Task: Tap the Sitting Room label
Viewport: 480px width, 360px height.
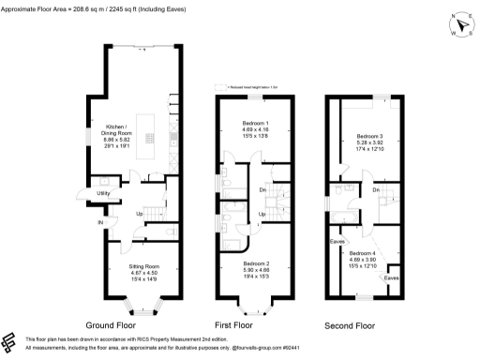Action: pos(144,267)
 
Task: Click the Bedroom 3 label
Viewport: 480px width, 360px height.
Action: pos(370,136)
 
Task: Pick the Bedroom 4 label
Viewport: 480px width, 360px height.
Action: pos(363,255)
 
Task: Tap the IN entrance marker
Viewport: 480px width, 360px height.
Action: pos(98,222)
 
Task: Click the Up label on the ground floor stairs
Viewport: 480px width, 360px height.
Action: pos(140,214)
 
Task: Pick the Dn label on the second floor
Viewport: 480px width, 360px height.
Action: pos(376,191)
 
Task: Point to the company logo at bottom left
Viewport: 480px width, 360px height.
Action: pos(11,341)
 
